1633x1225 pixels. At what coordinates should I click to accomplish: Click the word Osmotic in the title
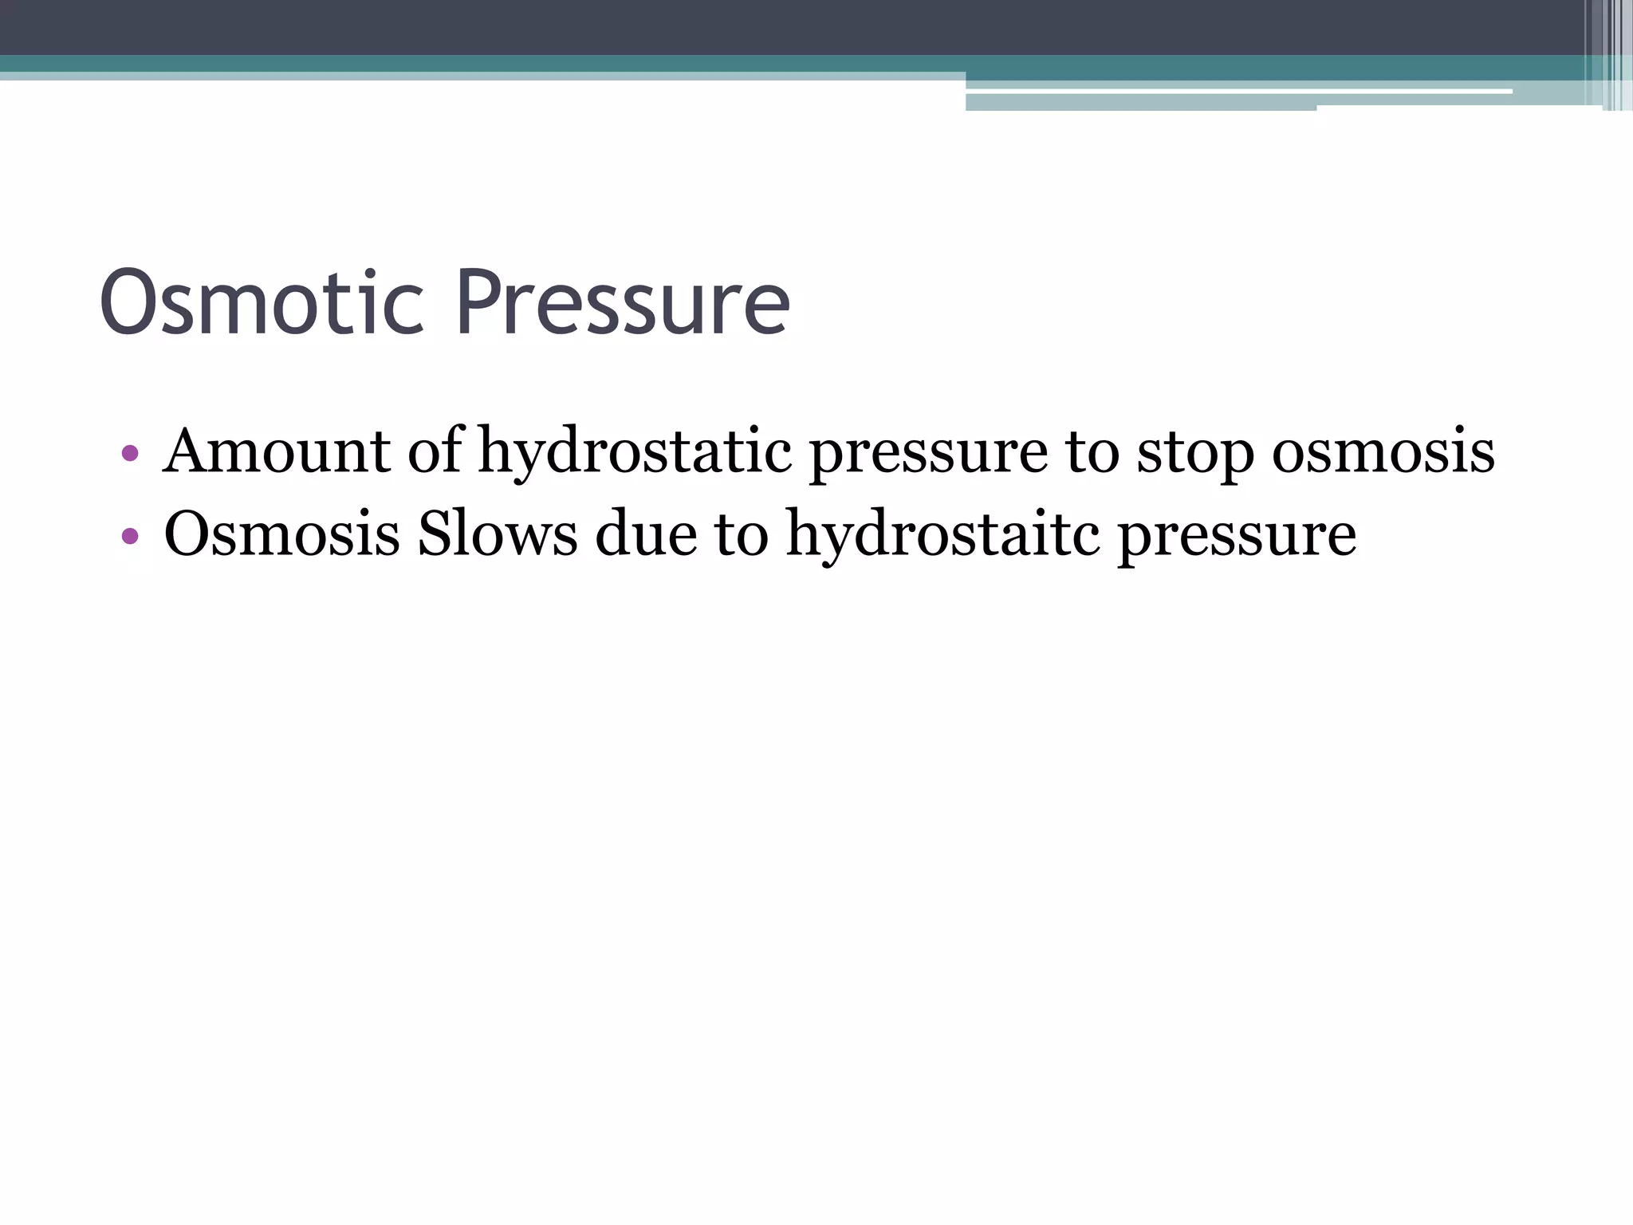coord(262,303)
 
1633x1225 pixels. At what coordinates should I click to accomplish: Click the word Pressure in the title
coord(624,303)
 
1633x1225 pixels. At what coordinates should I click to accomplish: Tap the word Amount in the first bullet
coord(276,451)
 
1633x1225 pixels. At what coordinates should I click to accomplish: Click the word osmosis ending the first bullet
coord(1383,451)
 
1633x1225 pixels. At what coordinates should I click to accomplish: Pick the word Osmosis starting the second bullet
coord(281,534)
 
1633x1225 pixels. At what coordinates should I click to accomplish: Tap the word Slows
coord(498,534)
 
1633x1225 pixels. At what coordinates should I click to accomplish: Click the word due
coord(645,534)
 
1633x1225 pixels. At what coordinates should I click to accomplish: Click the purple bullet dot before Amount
coord(130,454)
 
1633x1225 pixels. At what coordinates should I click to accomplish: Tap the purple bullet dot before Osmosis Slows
coord(130,537)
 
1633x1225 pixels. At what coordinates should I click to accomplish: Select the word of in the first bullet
coord(435,451)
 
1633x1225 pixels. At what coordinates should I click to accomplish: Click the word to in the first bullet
coord(1092,451)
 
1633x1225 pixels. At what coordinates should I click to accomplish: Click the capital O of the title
coord(129,303)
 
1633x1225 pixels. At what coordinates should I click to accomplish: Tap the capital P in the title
coord(480,303)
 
